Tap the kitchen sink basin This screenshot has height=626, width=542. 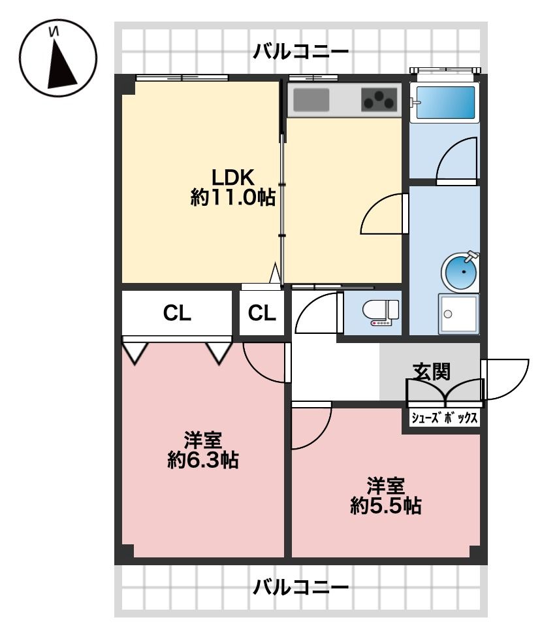[311, 100]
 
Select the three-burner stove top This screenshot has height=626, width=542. [379, 100]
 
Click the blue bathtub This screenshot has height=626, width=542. [445, 103]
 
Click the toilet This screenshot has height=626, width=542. [380, 312]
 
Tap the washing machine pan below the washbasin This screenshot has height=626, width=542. [458, 314]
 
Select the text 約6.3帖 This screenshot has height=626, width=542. [202, 461]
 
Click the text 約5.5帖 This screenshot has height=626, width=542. [385, 506]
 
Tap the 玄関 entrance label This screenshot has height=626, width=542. [432, 371]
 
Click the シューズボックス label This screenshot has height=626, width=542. [444, 418]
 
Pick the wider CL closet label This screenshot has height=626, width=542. [177, 313]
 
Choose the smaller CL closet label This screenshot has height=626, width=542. [262, 313]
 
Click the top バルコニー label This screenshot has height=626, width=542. [301, 52]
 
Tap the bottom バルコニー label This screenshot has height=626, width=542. [301, 587]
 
